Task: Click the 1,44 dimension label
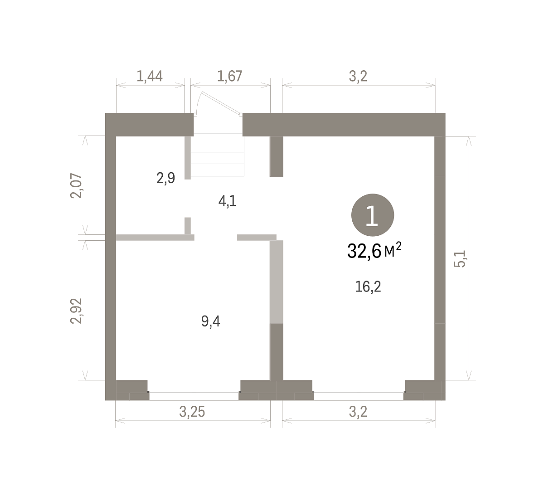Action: point(150,76)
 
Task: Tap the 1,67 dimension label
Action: point(229,76)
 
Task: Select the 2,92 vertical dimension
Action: point(76,311)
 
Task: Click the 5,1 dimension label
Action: point(460,259)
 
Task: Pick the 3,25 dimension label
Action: point(192,412)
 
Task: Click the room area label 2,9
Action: point(166,178)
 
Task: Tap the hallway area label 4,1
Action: point(227,201)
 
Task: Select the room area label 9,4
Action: point(210,321)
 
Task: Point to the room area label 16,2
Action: point(368,287)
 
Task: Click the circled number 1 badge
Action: point(373,215)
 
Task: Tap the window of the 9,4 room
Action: point(194,392)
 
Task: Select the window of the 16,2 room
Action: point(359,392)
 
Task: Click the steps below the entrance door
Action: point(217,156)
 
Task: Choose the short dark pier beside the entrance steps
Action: point(277,156)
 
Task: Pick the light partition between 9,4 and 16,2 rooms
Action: point(277,282)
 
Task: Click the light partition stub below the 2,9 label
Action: point(188,226)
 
